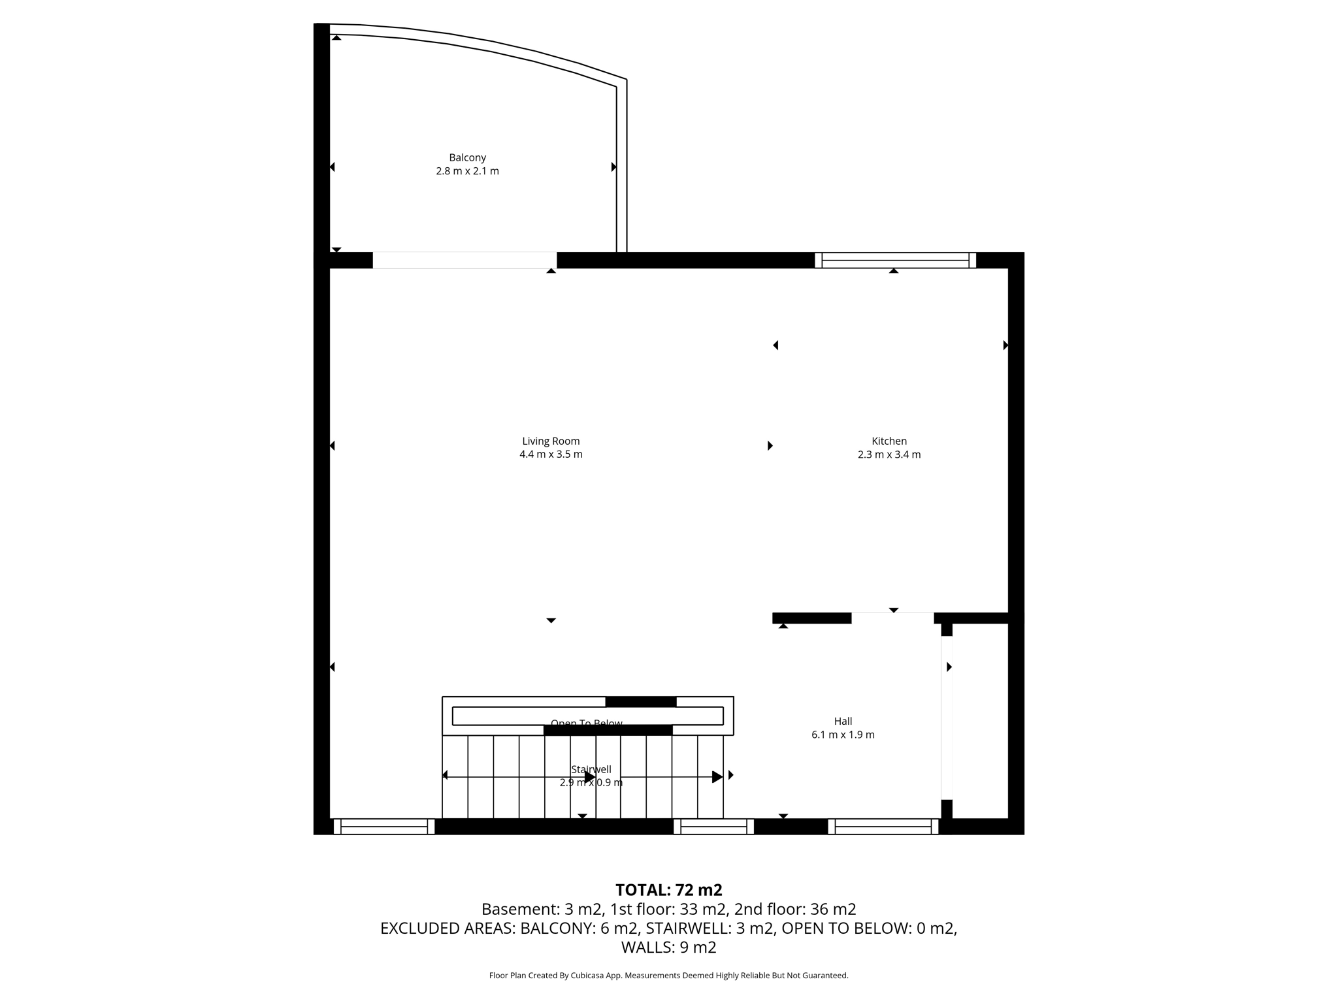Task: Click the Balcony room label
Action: click(467, 157)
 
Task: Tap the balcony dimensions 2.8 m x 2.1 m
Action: click(467, 171)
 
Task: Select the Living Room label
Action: click(551, 441)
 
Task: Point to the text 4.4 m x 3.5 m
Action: click(551, 454)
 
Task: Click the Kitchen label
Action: click(889, 441)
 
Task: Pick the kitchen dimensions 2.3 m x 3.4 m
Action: click(889, 454)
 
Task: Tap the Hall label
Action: click(843, 721)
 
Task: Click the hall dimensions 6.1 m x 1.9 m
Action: click(843, 735)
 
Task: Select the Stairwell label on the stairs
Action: click(591, 769)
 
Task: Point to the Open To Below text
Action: click(586, 722)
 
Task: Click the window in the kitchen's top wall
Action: click(895, 260)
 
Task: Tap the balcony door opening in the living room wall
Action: click(465, 260)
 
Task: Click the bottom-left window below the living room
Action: click(383, 827)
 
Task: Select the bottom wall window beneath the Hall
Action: click(883, 827)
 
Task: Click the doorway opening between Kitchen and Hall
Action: click(892, 618)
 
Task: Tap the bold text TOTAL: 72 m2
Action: click(668, 890)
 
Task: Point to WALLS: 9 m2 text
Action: click(668, 947)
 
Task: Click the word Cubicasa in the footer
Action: click(587, 976)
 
